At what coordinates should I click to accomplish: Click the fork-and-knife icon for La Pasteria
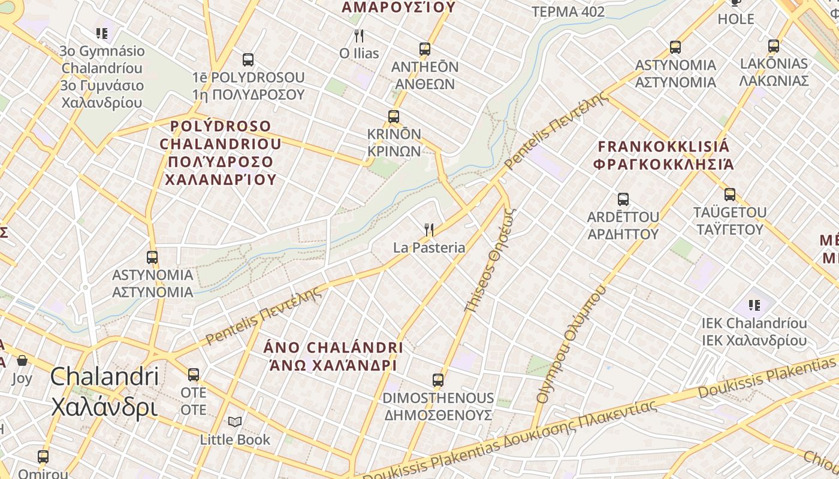pyautogui.click(x=428, y=229)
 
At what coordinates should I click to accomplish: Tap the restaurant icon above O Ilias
pyautogui.click(x=359, y=36)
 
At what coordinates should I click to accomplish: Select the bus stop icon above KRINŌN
pyautogui.click(x=394, y=117)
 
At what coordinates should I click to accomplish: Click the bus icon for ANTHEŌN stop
pyautogui.click(x=425, y=49)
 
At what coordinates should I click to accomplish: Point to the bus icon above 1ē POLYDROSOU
pyautogui.click(x=248, y=60)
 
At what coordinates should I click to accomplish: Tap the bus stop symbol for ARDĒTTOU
pyautogui.click(x=623, y=199)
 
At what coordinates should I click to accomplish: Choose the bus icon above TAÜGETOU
pyautogui.click(x=729, y=195)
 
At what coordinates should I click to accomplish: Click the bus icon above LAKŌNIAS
pyautogui.click(x=774, y=46)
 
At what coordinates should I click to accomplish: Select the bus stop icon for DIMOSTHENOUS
pyautogui.click(x=438, y=380)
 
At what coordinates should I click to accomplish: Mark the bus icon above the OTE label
pyautogui.click(x=194, y=375)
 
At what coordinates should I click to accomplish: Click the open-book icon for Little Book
pyautogui.click(x=235, y=422)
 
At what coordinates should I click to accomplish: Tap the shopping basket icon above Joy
pyautogui.click(x=22, y=360)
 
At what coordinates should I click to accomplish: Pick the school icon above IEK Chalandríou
pyautogui.click(x=754, y=306)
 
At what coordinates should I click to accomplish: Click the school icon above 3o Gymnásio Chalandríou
pyautogui.click(x=102, y=34)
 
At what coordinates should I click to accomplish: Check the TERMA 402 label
pyautogui.click(x=568, y=12)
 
